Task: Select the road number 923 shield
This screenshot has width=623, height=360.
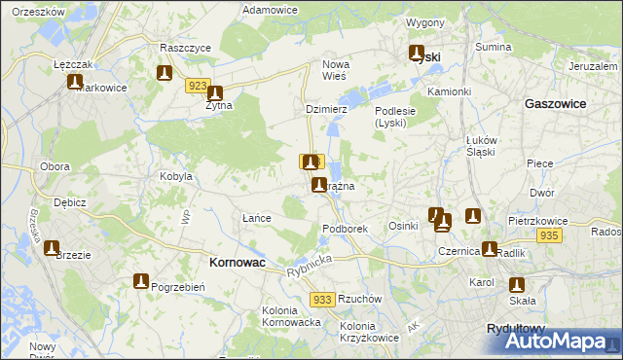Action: click(199, 86)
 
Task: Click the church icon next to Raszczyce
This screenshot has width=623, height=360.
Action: click(165, 73)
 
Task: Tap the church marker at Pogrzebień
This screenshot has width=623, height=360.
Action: click(140, 281)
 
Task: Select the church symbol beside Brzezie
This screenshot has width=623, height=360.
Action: click(52, 248)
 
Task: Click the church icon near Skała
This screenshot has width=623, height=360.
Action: click(517, 285)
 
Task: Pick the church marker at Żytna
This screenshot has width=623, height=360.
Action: click(215, 94)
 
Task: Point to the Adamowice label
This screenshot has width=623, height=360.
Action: click(270, 9)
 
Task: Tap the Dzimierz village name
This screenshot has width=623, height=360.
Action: click(326, 110)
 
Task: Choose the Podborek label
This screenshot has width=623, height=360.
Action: click(345, 229)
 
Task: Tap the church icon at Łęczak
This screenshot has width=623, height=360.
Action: click(75, 82)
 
